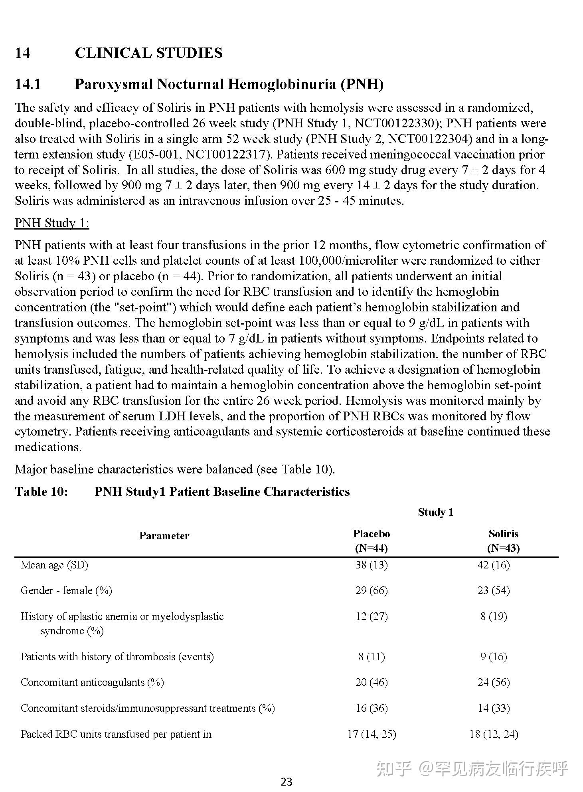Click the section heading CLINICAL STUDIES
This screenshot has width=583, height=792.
(x=148, y=53)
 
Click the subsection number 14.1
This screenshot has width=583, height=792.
(x=28, y=84)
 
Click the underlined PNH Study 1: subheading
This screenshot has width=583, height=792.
(x=52, y=223)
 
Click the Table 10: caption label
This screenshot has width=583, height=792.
(x=41, y=491)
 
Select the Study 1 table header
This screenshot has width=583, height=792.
(x=435, y=512)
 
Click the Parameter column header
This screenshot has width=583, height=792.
(x=164, y=536)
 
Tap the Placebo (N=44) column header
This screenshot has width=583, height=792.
(x=371, y=541)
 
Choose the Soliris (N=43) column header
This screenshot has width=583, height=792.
(x=503, y=541)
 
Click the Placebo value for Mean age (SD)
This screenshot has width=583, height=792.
(x=371, y=565)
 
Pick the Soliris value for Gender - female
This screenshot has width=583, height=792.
(x=493, y=590)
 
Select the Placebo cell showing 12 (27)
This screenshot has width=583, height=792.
(x=371, y=616)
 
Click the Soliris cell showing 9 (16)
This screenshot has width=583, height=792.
(x=493, y=657)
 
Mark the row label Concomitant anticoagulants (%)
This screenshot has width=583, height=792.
(x=92, y=682)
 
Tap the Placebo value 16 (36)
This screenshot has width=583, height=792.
(x=371, y=708)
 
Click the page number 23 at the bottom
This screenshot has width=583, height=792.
(x=287, y=782)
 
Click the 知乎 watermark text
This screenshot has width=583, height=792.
(x=393, y=768)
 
